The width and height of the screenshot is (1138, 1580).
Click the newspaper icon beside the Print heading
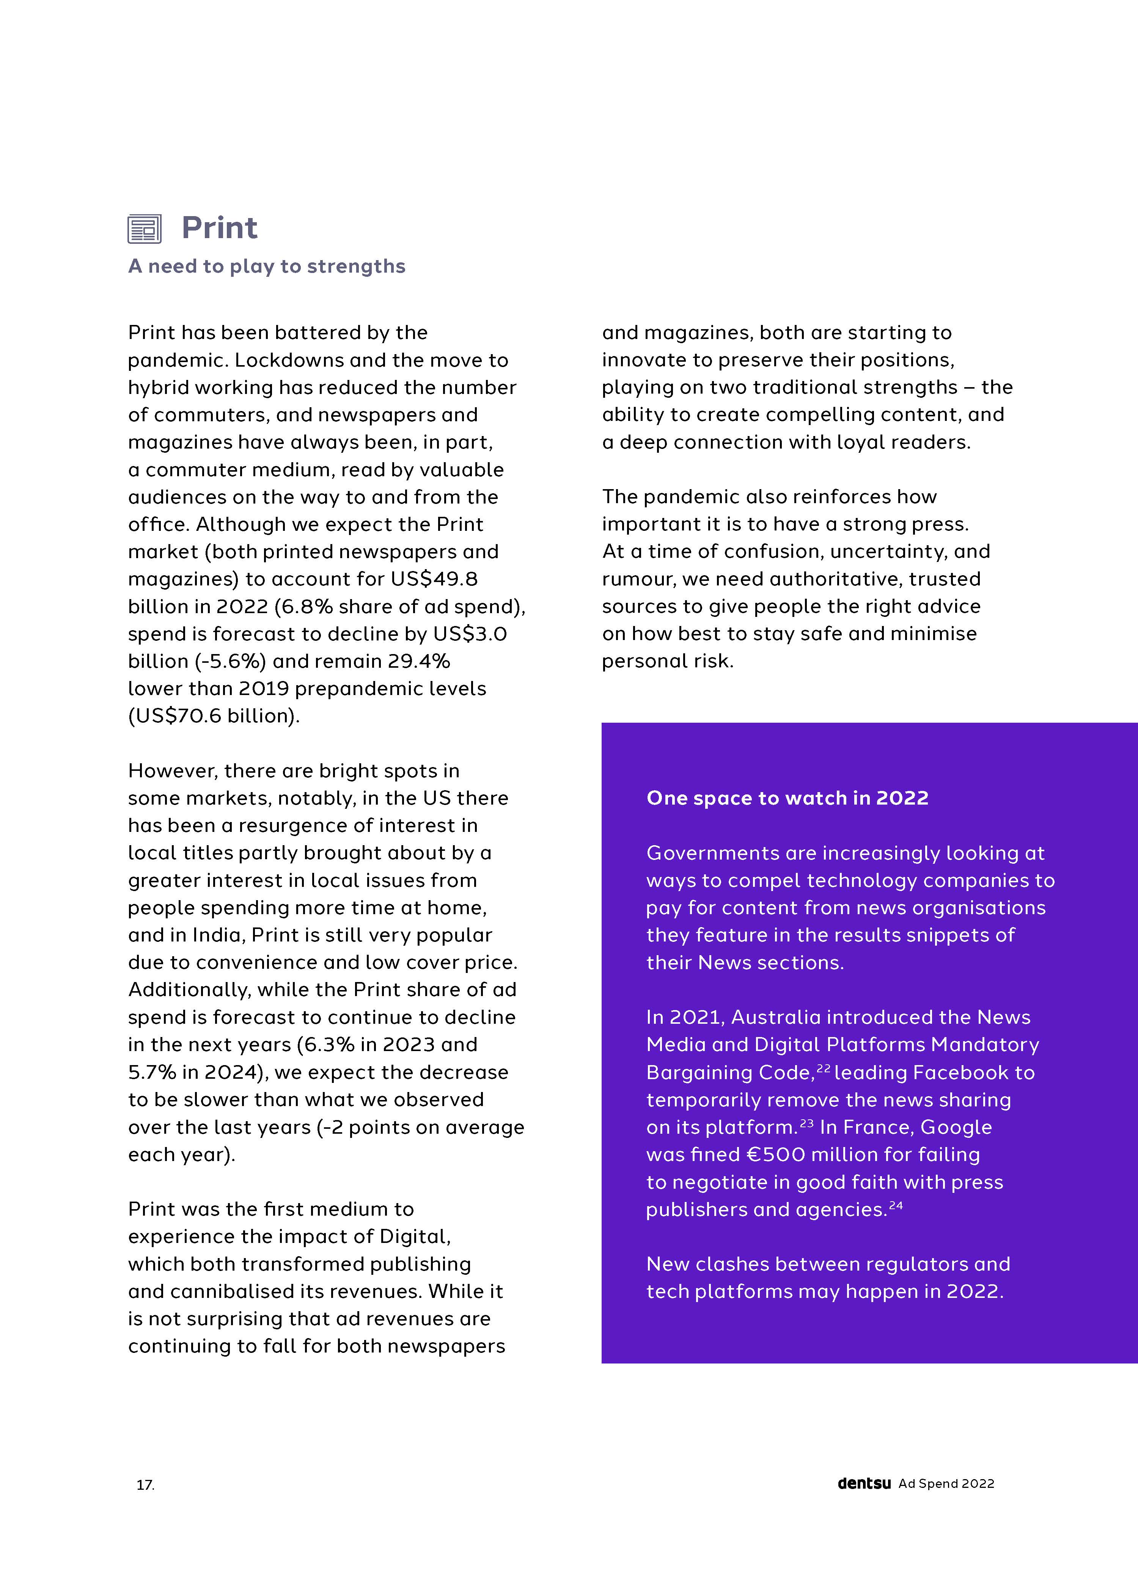pos(144,229)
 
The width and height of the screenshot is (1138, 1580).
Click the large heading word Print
pos(220,228)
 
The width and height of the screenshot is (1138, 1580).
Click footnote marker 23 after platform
pos(806,1122)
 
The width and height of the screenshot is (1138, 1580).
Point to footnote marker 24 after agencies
pos(896,1205)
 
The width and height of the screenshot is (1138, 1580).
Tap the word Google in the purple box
pos(956,1127)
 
